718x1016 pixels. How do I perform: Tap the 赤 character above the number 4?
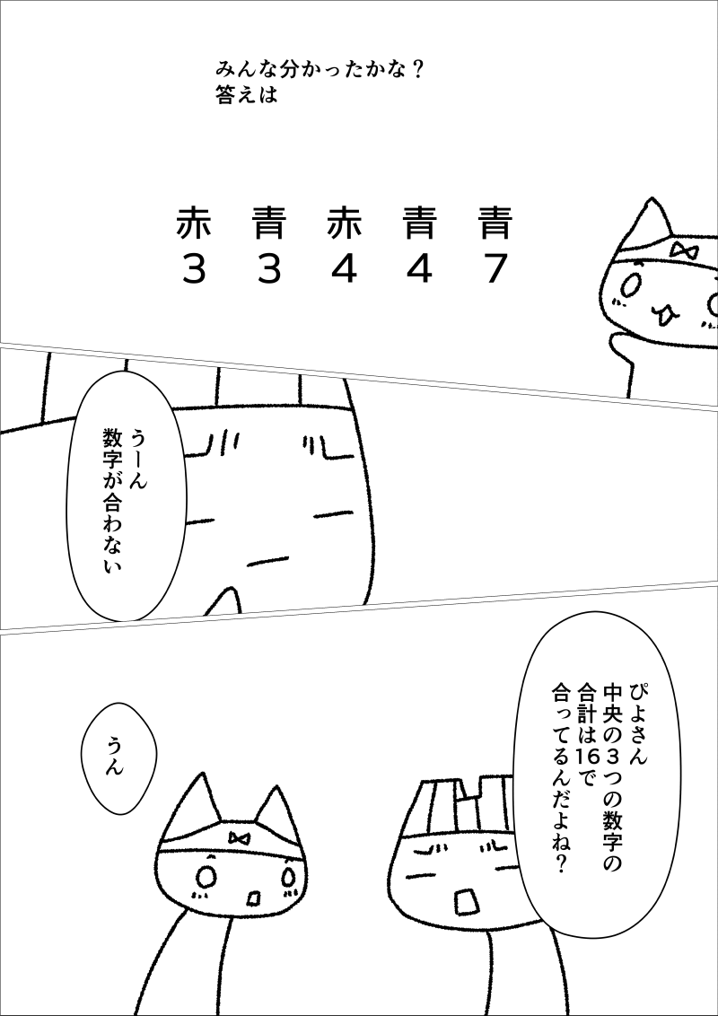tap(344, 223)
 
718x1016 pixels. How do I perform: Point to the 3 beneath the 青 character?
tap(268, 269)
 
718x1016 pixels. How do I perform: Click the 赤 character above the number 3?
tap(193, 223)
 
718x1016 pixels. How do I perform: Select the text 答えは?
tap(247, 95)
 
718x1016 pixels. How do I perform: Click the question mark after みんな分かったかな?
tap(416, 67)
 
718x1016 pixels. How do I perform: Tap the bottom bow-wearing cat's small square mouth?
tap(253, 899)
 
